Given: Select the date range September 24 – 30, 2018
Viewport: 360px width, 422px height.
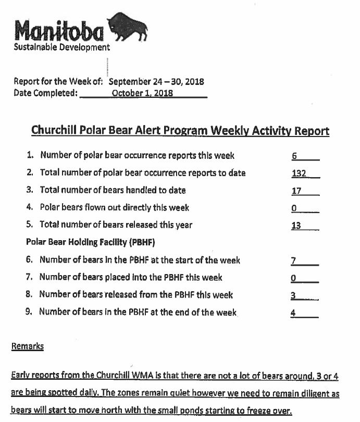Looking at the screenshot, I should [156, 82].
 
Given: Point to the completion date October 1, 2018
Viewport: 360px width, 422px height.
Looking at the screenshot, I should [143, 93].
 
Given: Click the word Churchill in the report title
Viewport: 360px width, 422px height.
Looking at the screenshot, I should [52, 130].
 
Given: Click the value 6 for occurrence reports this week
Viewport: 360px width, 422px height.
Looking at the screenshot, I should [294, 156].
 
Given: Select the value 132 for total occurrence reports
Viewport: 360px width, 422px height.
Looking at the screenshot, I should [299, 173].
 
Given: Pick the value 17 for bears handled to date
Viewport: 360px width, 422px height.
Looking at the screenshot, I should [296, 191].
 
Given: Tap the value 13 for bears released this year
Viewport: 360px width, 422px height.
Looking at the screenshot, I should [296, 226].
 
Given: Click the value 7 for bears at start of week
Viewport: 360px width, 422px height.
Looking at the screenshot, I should [294, 260].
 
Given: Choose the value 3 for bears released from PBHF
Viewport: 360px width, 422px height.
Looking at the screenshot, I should [293, 295].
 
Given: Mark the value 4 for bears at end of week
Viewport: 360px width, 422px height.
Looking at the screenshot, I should [294, 313].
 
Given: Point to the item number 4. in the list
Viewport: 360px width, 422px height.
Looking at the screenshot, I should [30, 207].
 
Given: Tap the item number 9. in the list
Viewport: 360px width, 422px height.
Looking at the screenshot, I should [30, 312].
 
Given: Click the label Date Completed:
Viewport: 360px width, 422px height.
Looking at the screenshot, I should [46, 93].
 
